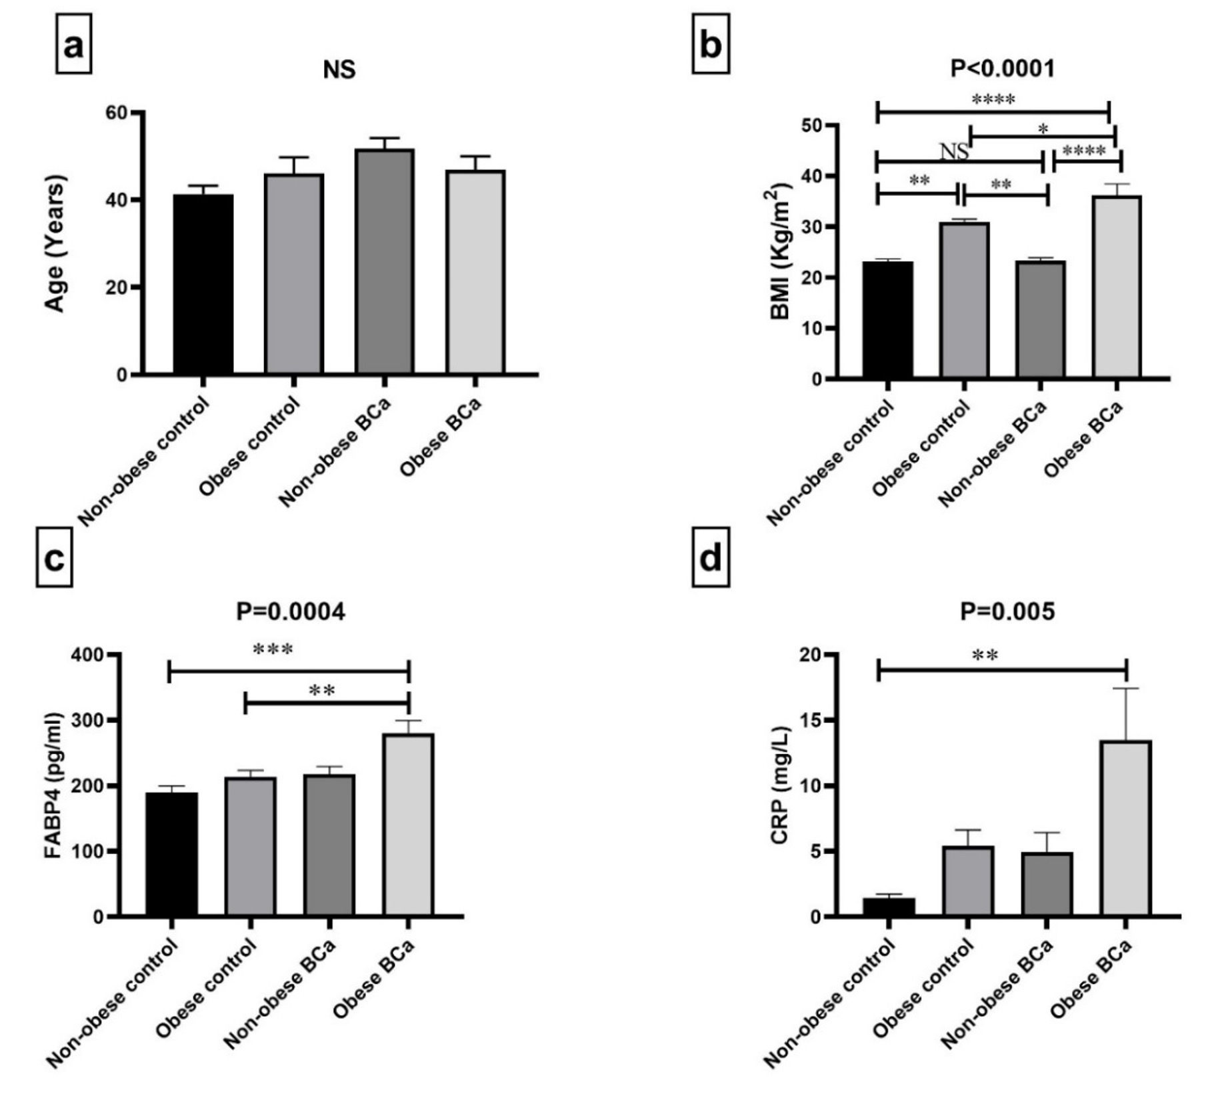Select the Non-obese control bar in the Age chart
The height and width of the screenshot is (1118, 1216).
(x=203, y=284)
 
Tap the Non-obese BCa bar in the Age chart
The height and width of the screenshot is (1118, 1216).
(x=385, y=261)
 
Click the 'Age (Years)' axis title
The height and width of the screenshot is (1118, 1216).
(x=55, y=243)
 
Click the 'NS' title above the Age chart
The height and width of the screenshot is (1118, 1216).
(x=339, y=69)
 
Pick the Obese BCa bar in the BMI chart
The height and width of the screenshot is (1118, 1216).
(x=1116, y=287)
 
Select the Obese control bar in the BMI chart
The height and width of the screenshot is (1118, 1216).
(x=964, y=301)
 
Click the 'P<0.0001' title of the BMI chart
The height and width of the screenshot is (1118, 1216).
(x=1003, y=68)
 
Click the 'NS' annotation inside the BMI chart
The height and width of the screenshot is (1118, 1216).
(x=954, y=151)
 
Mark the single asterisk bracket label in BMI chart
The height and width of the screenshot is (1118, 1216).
(x=1043, y=129)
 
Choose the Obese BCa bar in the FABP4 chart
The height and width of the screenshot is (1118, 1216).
(x=409, y=825)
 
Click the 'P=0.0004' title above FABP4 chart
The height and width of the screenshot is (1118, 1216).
(x=291, y=611)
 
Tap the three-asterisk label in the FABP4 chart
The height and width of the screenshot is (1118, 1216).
(x=273, y=649)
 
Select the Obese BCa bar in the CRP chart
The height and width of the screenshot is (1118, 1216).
(x=1126, y=829)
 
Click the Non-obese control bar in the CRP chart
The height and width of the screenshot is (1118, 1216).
(x=889, y=907)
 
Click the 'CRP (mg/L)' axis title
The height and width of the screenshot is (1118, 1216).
(x=780, y=785)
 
